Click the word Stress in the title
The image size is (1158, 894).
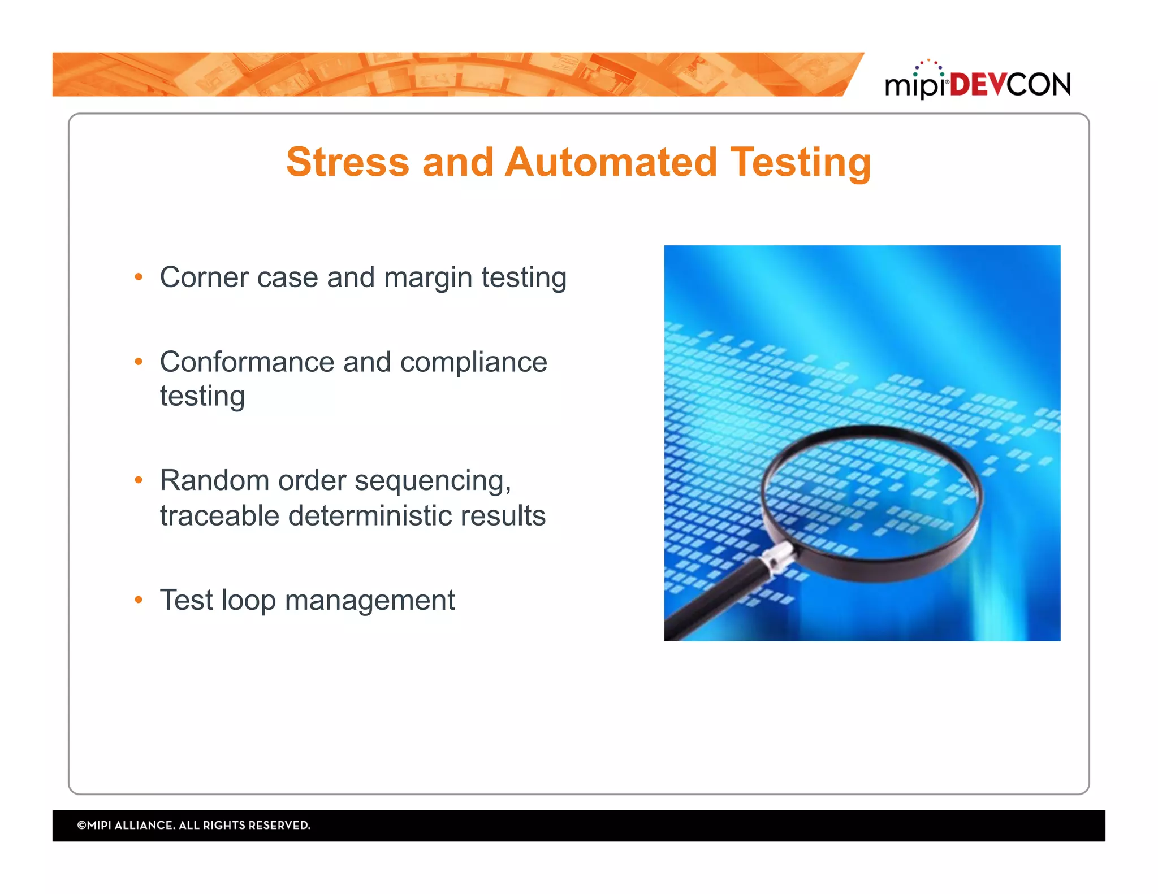[347, 163]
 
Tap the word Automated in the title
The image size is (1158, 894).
[611, 163]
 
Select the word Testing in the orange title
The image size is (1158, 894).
[800, 163]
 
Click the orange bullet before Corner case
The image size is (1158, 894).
[139, 277]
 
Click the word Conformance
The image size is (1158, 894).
[247, 362]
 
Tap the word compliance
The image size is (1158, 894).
[473, 363]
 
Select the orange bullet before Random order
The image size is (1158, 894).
[139, 480]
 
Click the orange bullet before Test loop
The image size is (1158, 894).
[139, 600]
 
